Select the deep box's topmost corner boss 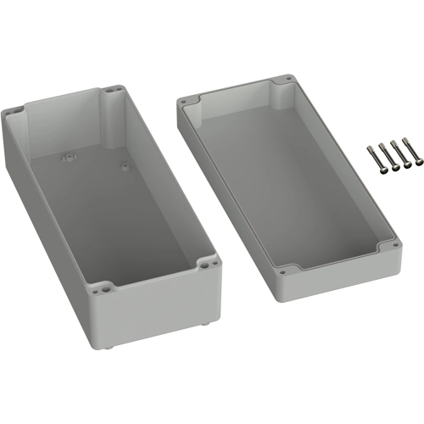coord(114,88)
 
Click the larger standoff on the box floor coord(65,156)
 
